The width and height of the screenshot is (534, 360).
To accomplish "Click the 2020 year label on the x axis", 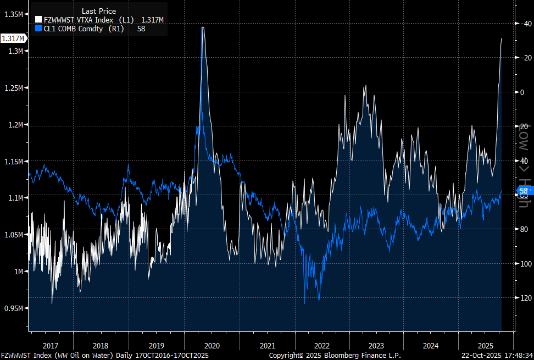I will (x=212, y=346).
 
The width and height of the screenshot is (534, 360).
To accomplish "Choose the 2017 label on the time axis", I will (x=50, y=346).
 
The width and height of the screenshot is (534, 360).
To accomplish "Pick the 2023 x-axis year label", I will (x=376, y=346).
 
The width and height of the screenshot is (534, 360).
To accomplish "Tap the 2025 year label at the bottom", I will (x=486, y=346).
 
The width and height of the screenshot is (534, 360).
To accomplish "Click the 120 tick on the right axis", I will (x=526, y=298).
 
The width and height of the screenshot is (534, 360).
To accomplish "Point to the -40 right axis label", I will (x=526, y=24).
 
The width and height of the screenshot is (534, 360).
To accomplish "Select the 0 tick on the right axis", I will (x=522, y=92).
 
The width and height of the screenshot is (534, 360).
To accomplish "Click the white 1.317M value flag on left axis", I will (x=13, y=38).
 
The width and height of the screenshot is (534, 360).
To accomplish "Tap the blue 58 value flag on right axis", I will (x=524, y=191).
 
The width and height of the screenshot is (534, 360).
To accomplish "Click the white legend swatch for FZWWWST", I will (x=38, y=20).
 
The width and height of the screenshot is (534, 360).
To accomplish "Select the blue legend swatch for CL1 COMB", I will (x=38, y=29).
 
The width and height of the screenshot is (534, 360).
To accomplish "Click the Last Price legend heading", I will (x=99, y=11).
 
